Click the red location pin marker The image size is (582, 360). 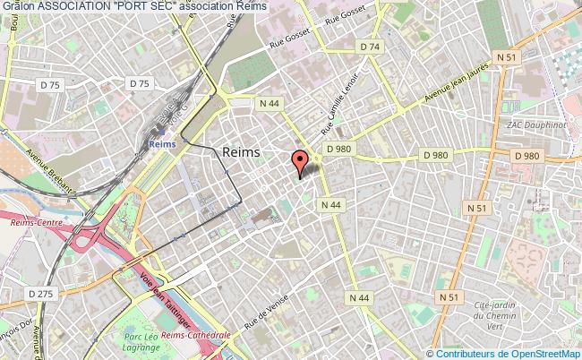300,162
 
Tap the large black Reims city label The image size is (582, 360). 240,152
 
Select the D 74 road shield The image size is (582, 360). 370,47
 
